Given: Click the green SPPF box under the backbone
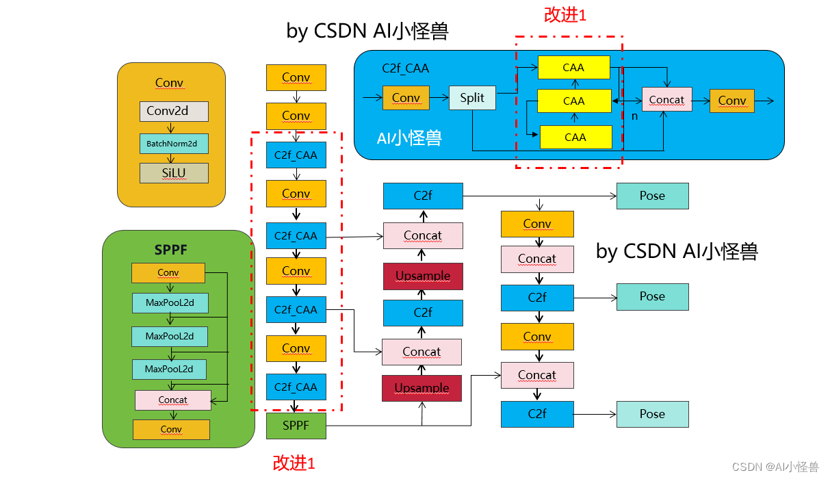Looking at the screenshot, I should click(296, 426).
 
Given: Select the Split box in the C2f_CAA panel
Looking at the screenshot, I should click(472, 98).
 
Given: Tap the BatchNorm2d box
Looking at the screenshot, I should click(174, 144).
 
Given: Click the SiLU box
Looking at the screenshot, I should click(174, 173).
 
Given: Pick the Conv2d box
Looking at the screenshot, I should click(174, 111).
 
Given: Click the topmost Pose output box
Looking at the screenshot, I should click(652, 196).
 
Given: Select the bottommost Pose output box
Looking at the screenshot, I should click(652, 414).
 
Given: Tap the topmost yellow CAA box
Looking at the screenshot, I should click(573, 67).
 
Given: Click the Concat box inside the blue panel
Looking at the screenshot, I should click(666, 100).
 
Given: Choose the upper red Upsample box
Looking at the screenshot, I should click(423, 276).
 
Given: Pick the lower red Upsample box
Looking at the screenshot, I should click(422, 388).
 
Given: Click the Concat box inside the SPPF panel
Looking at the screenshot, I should click(173, 400).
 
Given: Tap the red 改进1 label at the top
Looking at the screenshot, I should click(565, 15).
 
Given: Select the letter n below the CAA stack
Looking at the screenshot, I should click(634, 116).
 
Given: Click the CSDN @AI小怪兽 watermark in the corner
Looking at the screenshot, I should click(775, 467).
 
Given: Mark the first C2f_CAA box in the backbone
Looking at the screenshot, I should click(296, 155).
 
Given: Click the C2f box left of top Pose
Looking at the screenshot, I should click(423, 196).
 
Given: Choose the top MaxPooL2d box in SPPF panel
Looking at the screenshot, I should click(169, 302).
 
